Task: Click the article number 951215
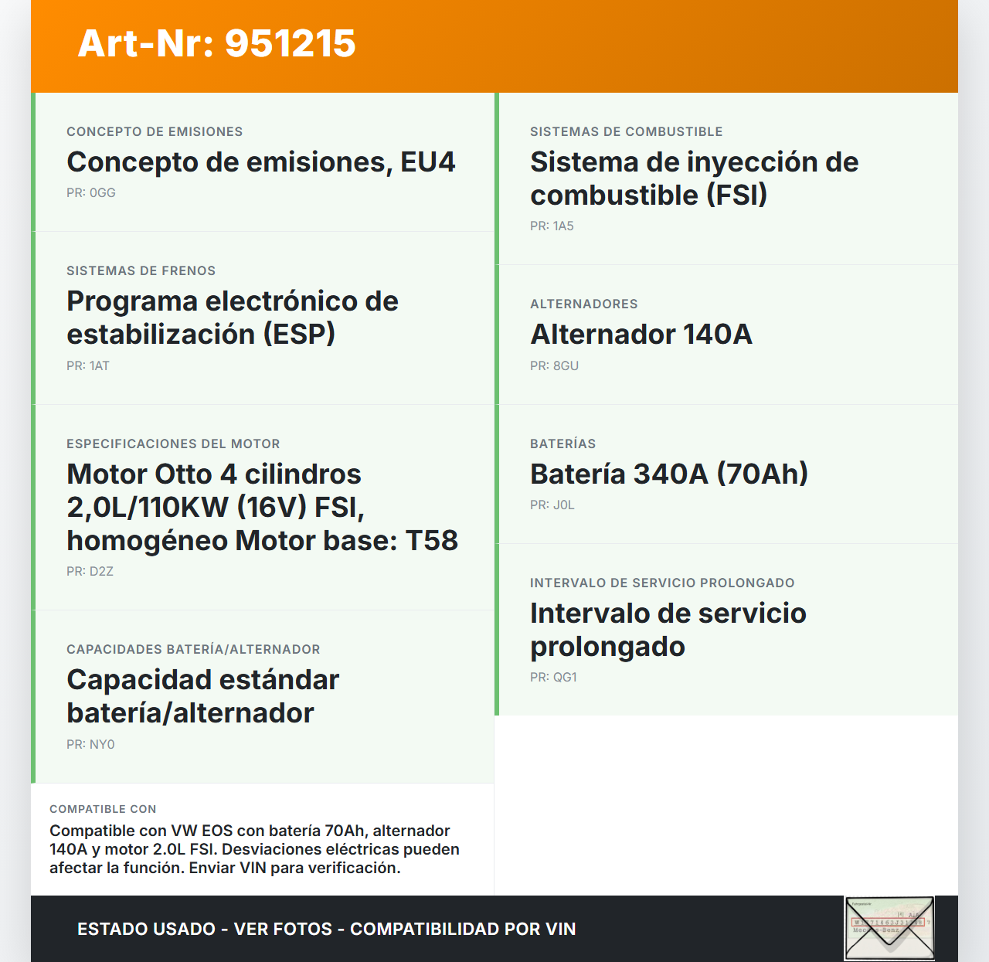[291, 43]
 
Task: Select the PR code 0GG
[102, 193]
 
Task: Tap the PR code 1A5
[563, 226]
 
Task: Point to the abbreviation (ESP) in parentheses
[299, 335]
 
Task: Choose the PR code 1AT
[99, 366]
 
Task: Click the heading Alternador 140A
[641, 335]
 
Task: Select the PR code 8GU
[566, 366]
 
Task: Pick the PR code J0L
[563, 505]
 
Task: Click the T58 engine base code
[432, 541]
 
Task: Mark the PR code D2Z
[101, 572]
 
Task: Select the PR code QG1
[565, 678]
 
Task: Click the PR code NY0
[102, 745]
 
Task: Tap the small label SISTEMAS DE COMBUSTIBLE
[626, 132]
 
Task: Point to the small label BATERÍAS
[562, 444]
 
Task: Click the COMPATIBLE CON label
[103, 809]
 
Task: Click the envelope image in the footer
[889, 928]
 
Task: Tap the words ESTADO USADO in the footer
[146, 929]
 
